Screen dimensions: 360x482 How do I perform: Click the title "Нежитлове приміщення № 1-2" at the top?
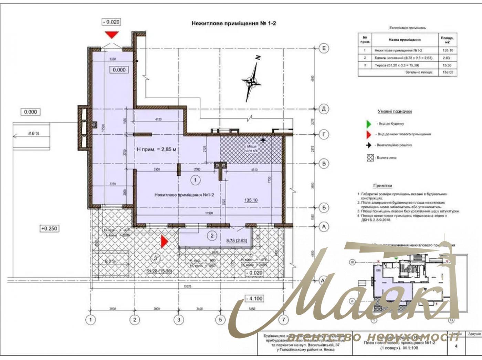pyautogui.click(x=233, y=23)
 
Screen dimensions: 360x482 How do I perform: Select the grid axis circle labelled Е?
pyautogui.click(x=324, y=48)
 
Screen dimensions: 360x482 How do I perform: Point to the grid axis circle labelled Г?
pyautogui.click(x=324, y=134)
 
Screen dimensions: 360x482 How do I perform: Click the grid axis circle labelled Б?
pyautogui.click(x=324, y=207)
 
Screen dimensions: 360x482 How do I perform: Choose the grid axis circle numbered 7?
pyautogui.click(x=283, y=320)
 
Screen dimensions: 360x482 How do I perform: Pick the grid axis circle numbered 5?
pyautogui.click(x=220, y=320)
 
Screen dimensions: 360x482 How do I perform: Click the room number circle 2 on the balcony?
pyautogui.click(x=212, y=236)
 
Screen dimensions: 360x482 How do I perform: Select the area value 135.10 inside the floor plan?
pyautogui.click(x=251, y=200)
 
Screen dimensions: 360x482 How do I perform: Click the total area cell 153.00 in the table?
pyautogui.click(x=448, y=73)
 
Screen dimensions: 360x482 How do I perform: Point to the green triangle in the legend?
pyautogui.click(x=369, y=124)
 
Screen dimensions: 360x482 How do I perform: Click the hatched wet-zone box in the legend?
pyautogui.click(x=370, y=158)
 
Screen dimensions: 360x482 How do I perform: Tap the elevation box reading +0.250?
pyautogui.click(x=49, y=228)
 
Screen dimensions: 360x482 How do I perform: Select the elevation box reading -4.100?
pyautogui.click(x=254, y=299)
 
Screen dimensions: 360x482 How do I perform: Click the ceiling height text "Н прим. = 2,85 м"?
pyautogui.click(x=157, y=150)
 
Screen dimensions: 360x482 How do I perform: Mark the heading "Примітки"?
pyautogui.click(x=383, y=186)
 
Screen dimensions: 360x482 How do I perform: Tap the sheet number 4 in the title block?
pyautogui.click(x=457, y=346)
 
